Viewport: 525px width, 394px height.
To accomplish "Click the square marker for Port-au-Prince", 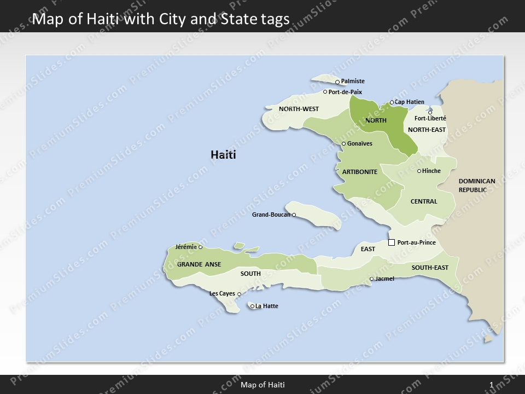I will pyautogui.click(x=392, y=242).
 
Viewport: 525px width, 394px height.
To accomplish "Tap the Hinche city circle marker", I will pyautogui.click(x=419, y=171).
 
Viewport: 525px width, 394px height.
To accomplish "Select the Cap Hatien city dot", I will pyautogui.click(x=392, y=102).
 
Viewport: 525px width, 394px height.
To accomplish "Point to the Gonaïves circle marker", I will pyautogui.click(x=343, y=144).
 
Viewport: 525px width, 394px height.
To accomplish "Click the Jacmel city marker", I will pyautogui.click(x=372, y=279).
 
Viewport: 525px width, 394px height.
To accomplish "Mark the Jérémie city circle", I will pyautogui.click(x=200, y=247).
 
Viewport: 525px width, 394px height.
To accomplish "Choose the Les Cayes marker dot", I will pyautogui.click(x=239, y=294).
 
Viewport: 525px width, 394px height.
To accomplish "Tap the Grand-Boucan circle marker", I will pyautogui.click(x=294, y=215).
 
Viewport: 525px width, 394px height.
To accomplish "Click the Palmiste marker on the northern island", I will pyautogui.click(x=337, y=82).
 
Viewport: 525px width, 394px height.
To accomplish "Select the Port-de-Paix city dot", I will pyautogui.click(x=325, y=92).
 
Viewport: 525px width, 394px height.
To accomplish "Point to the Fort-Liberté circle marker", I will pyautogui.click(x=430, y=113).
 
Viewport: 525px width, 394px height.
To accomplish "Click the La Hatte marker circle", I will pyautogui.click(x=252, y=306).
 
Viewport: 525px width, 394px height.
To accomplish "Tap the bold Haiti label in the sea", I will pyautogui.click(x=223, y=155).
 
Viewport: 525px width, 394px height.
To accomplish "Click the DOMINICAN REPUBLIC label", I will pyautogui.click(x=477, y=186).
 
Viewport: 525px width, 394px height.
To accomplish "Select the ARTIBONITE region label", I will pyautogui.click(x=360, y=172).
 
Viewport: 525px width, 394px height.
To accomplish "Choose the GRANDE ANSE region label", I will pyautogui.click(x=199, y=264).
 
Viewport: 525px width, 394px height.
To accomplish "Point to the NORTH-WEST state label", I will pyautogui.click(x=299, y=109).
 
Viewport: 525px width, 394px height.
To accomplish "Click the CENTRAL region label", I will pyautogui.click(x=424, y=201).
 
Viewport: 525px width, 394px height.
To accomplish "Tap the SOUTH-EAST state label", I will pyautogui.click(x=430, y=268).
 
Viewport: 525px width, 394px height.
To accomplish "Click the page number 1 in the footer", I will pyautogui.click(x=492, y=385).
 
